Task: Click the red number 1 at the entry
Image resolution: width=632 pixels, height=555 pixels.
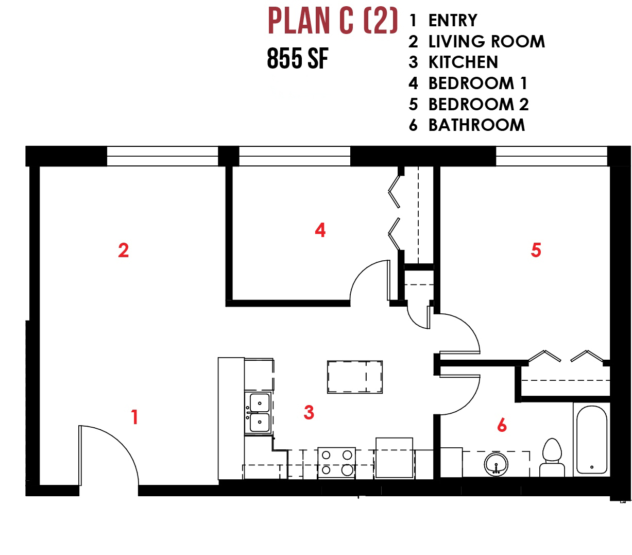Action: [x=135, y=417]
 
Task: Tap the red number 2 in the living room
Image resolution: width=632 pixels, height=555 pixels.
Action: [x=124, y=250]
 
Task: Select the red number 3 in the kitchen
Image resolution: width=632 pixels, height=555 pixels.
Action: [x=309, y=412]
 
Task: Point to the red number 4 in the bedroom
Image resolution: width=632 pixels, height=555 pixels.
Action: [x=320, y=230]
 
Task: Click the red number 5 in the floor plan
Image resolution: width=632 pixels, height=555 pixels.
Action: [x=536, y=250]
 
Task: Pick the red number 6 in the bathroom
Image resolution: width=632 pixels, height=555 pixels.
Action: [x=502, y=425]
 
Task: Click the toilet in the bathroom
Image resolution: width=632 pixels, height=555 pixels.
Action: [x=552, y=457]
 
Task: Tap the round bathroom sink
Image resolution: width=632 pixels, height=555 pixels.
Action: [x=496, y=464]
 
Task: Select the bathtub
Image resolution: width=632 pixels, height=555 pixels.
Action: [x=591, y=440]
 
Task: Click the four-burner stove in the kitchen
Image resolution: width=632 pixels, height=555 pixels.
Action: [x=336, y=463]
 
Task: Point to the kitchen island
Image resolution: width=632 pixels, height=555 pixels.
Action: [x=355, y=377]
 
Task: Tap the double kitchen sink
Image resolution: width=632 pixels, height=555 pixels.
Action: [x=260, y=412]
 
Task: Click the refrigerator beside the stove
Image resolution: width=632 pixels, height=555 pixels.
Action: [x=395, y=458]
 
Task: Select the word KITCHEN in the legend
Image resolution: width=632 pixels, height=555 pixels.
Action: [x=463, y=62]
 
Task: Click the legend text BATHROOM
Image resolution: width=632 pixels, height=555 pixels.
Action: [x=476, y=125]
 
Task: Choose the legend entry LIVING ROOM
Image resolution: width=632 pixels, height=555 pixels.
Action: [x=487, y=41]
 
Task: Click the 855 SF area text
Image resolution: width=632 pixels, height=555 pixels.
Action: [x=298, y=58]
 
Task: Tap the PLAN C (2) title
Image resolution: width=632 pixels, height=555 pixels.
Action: [x=333, y=21]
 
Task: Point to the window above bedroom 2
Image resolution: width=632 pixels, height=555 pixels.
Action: [x=552, y=156]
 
